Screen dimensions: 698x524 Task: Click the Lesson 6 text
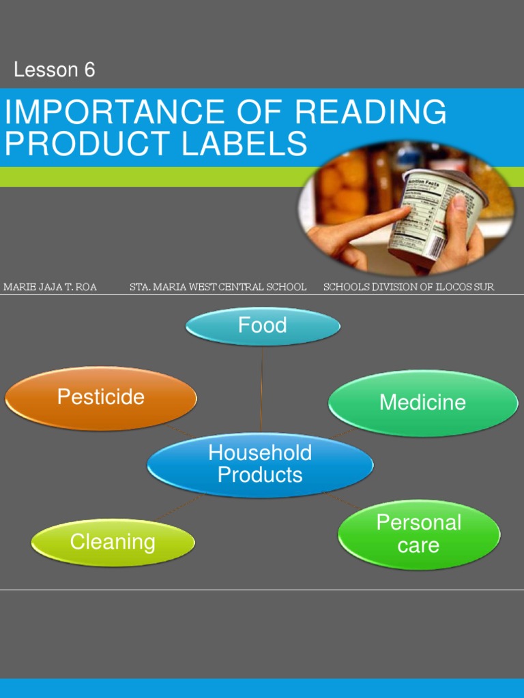click(55, 70)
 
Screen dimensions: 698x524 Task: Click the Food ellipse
click(263, 326)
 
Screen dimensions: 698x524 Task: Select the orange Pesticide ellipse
click(101, 397)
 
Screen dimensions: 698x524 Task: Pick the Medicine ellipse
click(422, 402)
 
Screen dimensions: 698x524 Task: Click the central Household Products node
click(260, 464)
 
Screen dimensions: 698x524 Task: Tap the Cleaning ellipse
click(113, 543)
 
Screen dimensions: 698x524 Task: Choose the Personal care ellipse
click(419, 534)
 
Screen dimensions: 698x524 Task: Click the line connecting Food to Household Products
click(261, 389)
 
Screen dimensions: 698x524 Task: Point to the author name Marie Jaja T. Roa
click(50, 287)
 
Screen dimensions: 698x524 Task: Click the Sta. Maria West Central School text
click(218, 287)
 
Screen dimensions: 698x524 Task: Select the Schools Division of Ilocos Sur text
click(408, 287)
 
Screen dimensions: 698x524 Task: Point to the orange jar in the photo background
click(345, 187)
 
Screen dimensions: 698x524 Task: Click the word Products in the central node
click(260, 475)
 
